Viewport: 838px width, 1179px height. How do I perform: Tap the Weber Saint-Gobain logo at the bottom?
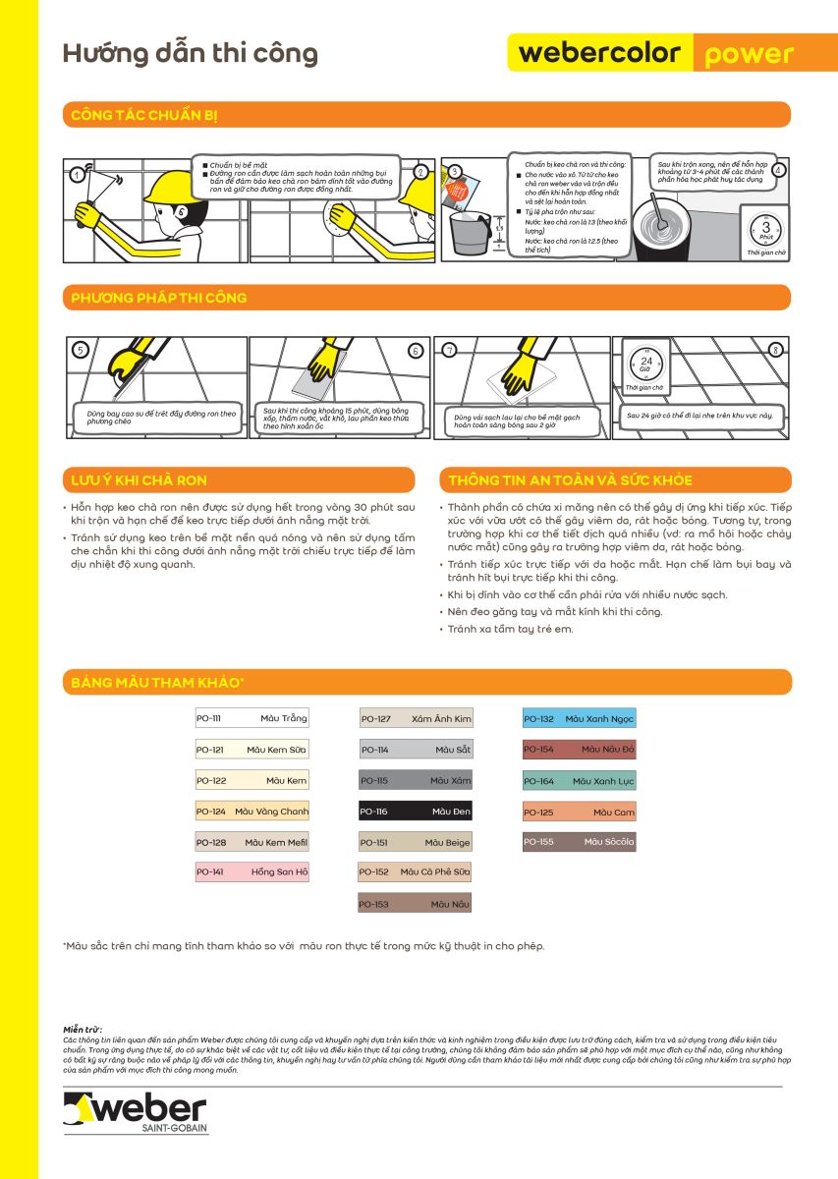click(x=136, y=1111)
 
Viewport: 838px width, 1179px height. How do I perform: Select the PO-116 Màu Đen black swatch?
click(x=415, y=812)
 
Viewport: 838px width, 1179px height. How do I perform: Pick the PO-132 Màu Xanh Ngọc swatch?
click(x=579, y=719)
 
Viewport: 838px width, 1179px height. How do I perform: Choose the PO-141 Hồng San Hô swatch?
click(x=251, y=871)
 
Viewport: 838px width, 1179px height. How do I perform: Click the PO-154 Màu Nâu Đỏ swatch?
click(x=579, y=750)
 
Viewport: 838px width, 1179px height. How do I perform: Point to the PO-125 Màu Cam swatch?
click(x=579, y=813)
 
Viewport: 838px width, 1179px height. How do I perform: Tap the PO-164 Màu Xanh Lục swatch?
click(x=579, y=781)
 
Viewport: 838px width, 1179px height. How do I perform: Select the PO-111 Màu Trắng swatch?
click(x=251, y=719)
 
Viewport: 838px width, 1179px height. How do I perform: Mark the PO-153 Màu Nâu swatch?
click(x=415, y=904)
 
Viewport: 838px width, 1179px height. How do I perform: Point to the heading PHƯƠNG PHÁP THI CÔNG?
click(x=158, y=298)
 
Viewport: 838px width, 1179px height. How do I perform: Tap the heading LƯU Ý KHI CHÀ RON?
click(x=139, y=480)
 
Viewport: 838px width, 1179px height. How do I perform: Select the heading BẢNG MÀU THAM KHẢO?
click(x=157, y=682)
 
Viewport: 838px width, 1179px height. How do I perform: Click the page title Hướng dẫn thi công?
click(x=190, y=53)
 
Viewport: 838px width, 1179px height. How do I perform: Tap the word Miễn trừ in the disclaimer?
click(x=83, y=1028)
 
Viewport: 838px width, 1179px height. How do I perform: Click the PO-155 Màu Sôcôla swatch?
click(x=579, y=842)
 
